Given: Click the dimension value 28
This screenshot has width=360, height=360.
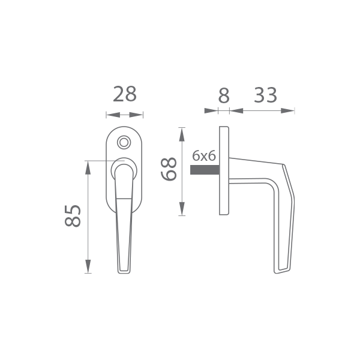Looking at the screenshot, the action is point(125,94).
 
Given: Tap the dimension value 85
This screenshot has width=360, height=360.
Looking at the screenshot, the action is point(73,216).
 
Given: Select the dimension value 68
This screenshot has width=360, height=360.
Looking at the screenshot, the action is point(169,169).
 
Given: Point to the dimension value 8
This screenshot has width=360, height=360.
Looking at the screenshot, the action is point(224,95).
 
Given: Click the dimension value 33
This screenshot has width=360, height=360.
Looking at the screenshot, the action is point(265,95).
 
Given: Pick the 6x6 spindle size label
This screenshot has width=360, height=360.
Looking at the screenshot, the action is point(204,156).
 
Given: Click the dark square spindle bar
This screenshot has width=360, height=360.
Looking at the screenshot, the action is point(205,170).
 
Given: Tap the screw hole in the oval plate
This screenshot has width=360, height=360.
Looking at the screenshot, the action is point(124,142).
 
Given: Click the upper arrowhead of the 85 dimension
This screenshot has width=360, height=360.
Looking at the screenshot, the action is point(88,168).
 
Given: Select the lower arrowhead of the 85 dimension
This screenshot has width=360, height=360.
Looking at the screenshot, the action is point(88,266).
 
